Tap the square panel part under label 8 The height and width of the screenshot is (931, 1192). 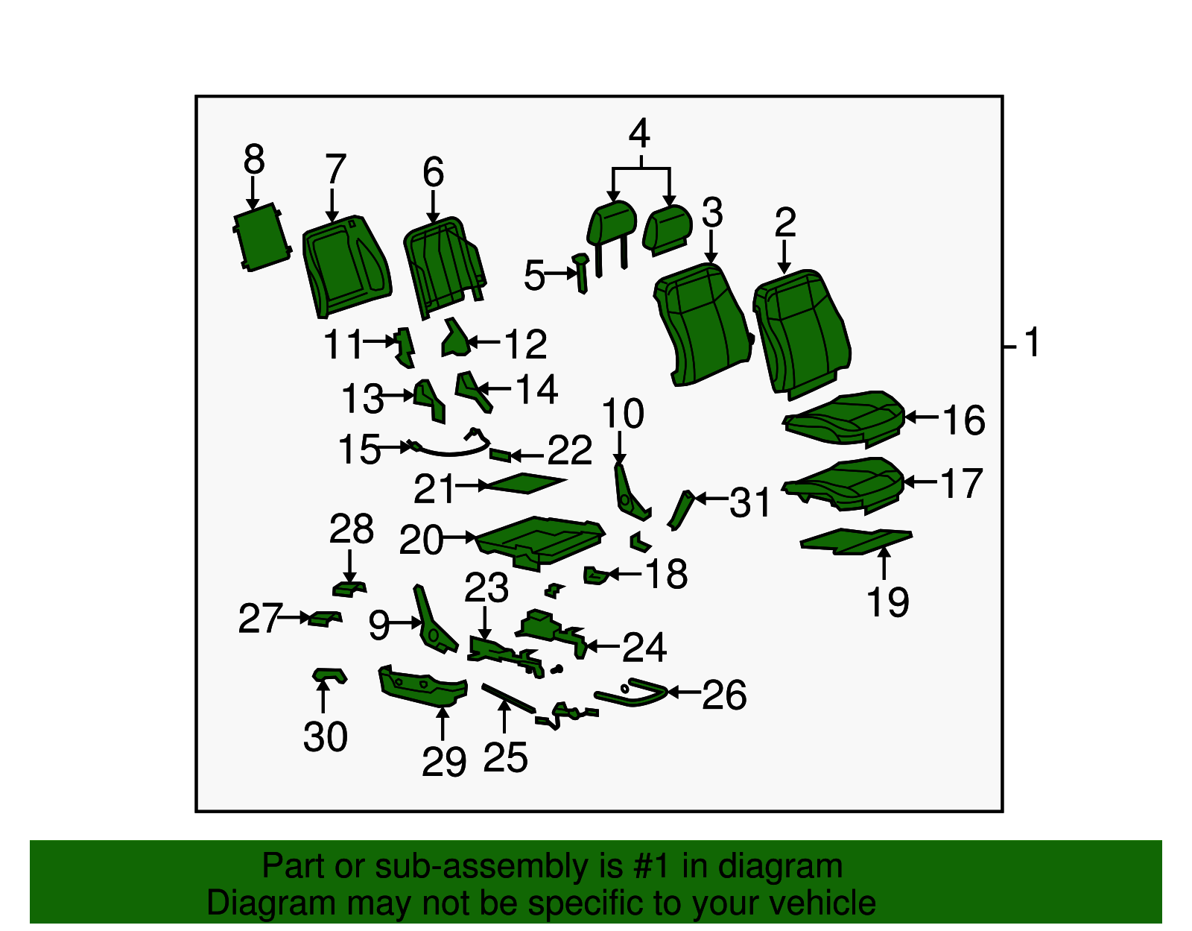[261, 237]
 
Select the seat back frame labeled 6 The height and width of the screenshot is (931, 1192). [443, 265]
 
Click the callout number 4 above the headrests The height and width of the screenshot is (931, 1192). [640, 133]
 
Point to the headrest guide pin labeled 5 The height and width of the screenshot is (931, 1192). [580, 273]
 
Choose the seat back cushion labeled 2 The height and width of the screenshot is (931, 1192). [802, 333]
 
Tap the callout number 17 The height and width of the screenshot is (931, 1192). [962, 483]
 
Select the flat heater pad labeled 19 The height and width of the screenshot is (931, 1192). [856, 541]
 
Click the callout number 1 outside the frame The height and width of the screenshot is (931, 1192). [1032, 342]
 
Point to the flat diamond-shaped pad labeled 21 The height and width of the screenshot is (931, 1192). [525, 483]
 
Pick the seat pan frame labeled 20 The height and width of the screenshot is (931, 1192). [540, 542]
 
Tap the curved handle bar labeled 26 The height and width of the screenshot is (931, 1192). [631, 692]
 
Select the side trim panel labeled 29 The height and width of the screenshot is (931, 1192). [422, 686]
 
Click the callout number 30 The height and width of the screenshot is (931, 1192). [326, 736]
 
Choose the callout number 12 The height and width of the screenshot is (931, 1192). [525, 344]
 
